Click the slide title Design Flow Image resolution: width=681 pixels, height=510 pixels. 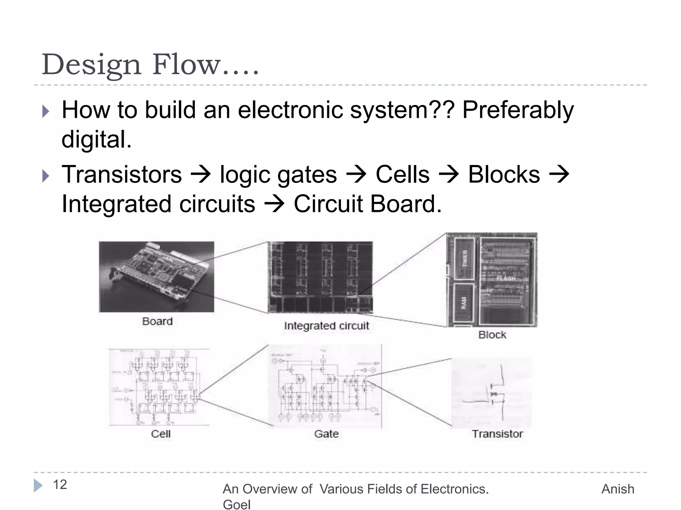tap(150, 64)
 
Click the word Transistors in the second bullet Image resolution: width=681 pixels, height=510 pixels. tap(122, 175)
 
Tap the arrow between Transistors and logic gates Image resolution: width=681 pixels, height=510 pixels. tap(201, 175)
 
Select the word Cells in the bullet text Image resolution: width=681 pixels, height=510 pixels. tap(402, 175)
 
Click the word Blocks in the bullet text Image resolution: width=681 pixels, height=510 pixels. tap(504, 175)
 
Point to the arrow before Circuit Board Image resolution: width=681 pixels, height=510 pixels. tap(274, 204)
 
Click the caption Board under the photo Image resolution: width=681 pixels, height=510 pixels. tap(157, 321)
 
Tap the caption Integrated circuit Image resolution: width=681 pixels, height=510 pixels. tap(327, 326)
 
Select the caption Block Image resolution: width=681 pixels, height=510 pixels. tap(492, 335)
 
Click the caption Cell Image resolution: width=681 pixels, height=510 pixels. tap(161, 434)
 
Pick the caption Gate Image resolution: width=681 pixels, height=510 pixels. tap(326, 434)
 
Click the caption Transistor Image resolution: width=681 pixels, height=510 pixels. tap(497, 434)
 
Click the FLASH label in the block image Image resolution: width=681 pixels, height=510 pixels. tap(506, 278)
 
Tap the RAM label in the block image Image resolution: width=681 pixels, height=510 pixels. tap(464, 303)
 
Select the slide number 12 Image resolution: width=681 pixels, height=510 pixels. tap(60, 485)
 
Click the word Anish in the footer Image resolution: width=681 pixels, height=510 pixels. tap(618, 489)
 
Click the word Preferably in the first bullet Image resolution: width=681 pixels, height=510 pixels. tap(518, 110)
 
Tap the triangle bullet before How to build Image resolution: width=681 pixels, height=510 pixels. tap(46, 112)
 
